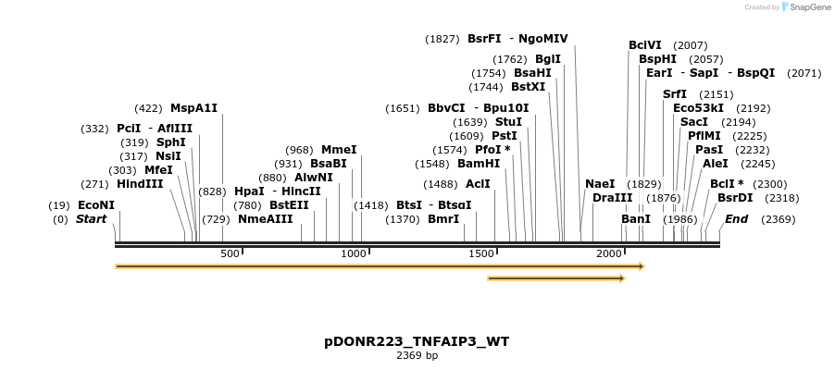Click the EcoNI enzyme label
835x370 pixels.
pyautogui.click(x=96, y=205)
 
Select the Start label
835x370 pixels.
pyautogui.click(x=92, y=219)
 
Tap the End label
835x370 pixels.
pyautogui.click(x=737, y=219)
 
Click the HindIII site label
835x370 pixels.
pyautogui.click(x=140, y=184)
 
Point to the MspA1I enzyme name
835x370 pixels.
pyautogui.click(x=193, y=108)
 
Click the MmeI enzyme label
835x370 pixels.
pyautogui.click(x=339, y=150)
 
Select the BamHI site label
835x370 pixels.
pyautogui.click(x=479, y=164)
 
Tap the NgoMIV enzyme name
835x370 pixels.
pyautogui.click(x=543, y=39)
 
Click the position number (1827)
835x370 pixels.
pyautogui.click(x=442, y=39)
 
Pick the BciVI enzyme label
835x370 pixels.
pyautogui.click(x=645, y=45)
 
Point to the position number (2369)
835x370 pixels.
pyautogui.click(x=779, y=219)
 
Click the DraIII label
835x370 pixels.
pyautogui.click(x=613, y=198)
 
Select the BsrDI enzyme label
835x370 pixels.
pyautogui.click(x=735, y=198)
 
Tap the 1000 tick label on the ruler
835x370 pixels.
pyautogui.click(x=354, y=253)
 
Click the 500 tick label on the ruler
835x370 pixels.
pyautogui.click(x=230, y=253)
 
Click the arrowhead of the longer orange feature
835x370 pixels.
pyautogui.click(x=641, y=266)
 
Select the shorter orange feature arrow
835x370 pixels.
pyautogui.click(x=555, y=277)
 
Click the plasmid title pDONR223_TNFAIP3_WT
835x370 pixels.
pyautogui.click(x=417, y=341)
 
